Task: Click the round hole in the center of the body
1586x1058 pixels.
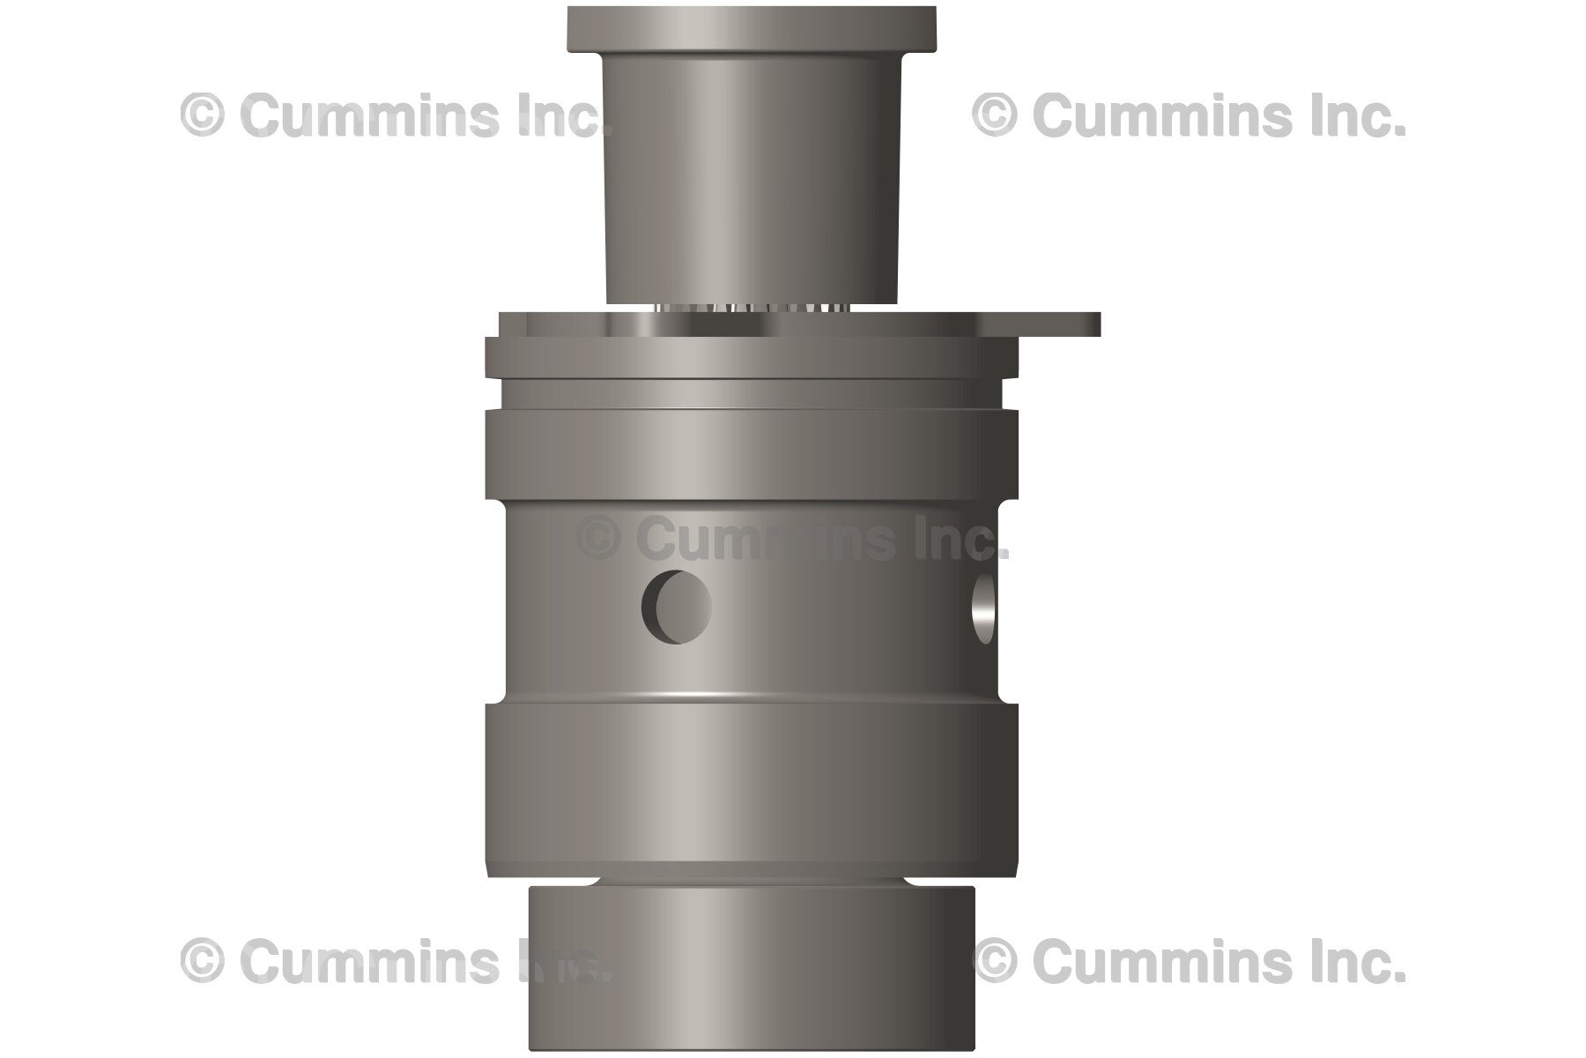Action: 677,607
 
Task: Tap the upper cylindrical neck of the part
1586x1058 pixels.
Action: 750,176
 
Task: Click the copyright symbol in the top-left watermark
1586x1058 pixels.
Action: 202,116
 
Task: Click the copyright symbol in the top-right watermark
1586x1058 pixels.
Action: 994,116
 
